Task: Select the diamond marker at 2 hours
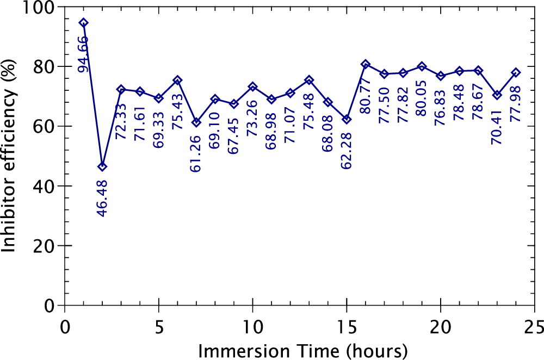(x=102, y=166)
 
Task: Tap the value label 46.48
(x=102, y=198)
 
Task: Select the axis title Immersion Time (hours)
(x=302, y=350)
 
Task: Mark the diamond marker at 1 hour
(x=83, y=23)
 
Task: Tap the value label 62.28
(x=347, y=151)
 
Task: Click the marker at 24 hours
(x=516, y=72)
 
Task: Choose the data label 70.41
(x=497, y=127)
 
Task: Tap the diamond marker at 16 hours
(x=366, y=64)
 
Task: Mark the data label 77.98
(x=516, y=104)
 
